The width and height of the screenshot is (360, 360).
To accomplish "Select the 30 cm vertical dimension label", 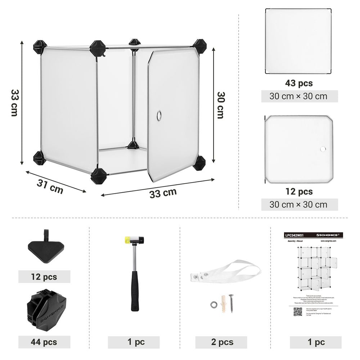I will (220, 105).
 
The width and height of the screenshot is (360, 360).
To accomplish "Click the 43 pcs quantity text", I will (299, 83).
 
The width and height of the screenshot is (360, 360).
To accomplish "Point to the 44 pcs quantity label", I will (44, 342).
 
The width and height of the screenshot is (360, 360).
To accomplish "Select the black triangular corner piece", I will (46, 248).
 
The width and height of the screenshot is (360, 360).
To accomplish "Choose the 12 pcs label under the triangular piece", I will (44, 277).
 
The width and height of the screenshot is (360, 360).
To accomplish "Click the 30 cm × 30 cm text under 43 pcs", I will (299, 96).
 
